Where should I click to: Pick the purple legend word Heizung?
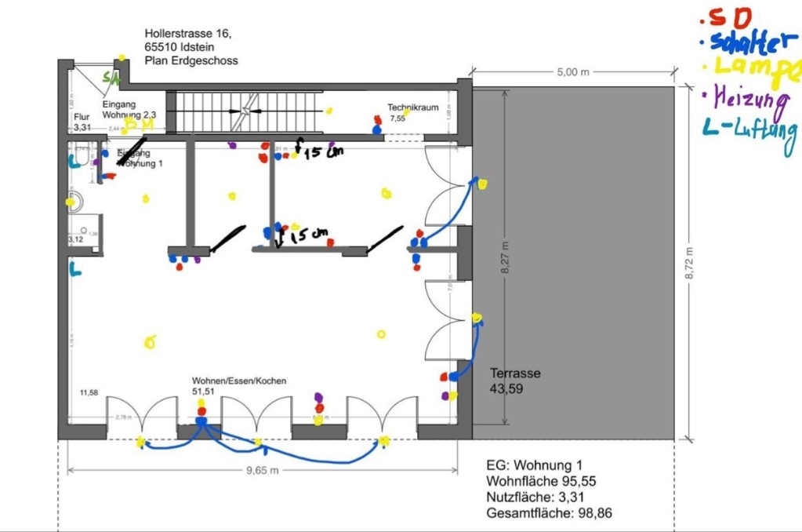click(749, 100)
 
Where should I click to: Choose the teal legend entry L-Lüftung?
click(749, 134)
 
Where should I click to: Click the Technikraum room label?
click(412, 107)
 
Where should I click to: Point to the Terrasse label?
click(515, 373)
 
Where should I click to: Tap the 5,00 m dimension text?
click(572, 72)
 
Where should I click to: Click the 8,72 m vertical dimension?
click(689, 264)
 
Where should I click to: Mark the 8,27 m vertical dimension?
click(505, 257)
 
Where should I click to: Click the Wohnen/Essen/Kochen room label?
click(239, 381)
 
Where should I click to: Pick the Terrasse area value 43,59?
click(506, 388)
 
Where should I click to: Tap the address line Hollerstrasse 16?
click(188, 34)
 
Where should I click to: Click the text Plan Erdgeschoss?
click(191, 60)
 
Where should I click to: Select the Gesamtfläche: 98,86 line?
click(549, 513)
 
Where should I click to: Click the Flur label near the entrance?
click(82, 117)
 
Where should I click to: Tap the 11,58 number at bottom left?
click(89, 392)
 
